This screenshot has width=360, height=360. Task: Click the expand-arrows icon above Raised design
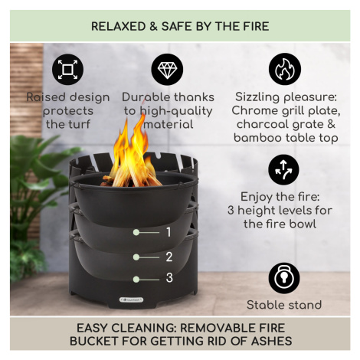[x=67, y=70]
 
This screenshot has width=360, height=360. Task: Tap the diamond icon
[x=167, y=70]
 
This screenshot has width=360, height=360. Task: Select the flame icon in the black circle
[x=285, y=69]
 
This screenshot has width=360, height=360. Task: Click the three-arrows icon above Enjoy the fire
[x=283, y=170]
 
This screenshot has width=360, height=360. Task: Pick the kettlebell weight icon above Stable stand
[x=284, y=278]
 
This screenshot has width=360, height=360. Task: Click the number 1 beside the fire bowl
[x=169, y=232]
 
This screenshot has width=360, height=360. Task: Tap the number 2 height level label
[x=169, y=257]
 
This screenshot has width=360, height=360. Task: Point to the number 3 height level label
[x=169, y=278]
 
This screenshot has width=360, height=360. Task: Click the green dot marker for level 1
[x=136, y=232]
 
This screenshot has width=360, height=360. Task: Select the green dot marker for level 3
[x=136, y=280]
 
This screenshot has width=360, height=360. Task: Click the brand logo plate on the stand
[x=132, y=299]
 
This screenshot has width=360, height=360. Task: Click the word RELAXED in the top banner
[x=119, y=27]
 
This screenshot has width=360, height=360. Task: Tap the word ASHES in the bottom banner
[x=271, y=341]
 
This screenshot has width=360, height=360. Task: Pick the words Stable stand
[x=284, y=305]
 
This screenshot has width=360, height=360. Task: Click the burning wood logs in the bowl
[x=132, y=178]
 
